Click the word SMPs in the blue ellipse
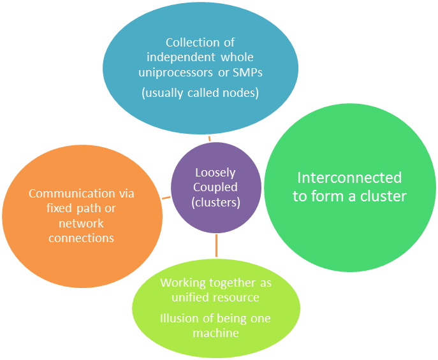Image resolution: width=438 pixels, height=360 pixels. coord(247,73)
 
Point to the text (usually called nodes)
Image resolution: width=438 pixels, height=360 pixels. coord(200,93)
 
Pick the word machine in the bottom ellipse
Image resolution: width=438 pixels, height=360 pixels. coord(215,333)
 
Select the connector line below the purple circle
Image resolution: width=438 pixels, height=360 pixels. coord(216,245)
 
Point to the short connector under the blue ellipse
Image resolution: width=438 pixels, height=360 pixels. coord(209,138)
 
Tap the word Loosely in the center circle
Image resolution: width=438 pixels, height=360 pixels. coord(215,173)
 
